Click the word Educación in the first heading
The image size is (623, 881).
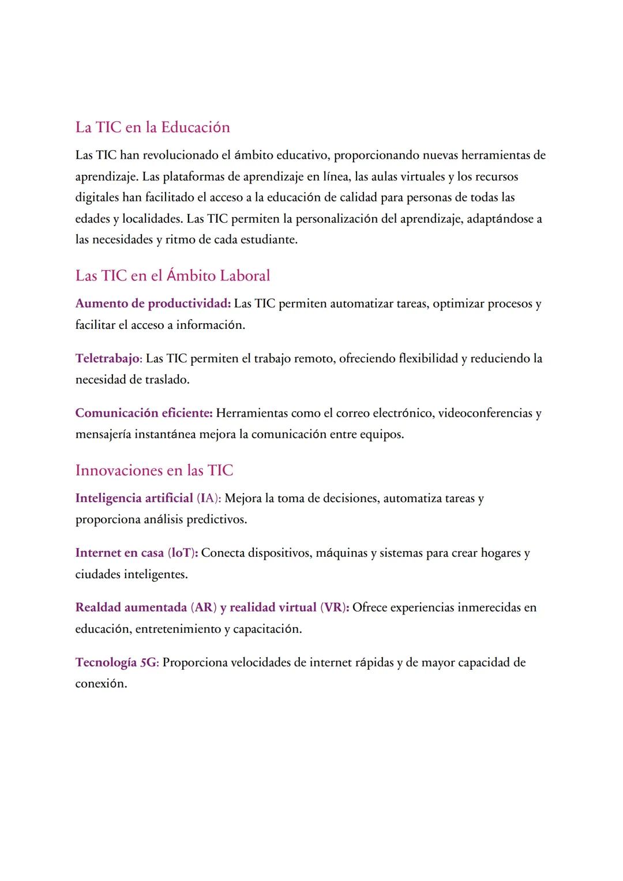(195, 128)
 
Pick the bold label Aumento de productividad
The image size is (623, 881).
(153, 304)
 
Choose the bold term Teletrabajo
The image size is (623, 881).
(108, 359)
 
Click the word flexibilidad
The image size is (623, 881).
(428, 359)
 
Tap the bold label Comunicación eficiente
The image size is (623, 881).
(144, 414)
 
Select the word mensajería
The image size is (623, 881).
(103, 434)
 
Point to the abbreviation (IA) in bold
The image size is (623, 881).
(208, 498)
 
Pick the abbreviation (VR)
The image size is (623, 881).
(334, 608)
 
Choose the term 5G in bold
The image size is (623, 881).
(148, 663)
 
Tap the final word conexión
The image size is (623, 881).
(100, 684)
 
